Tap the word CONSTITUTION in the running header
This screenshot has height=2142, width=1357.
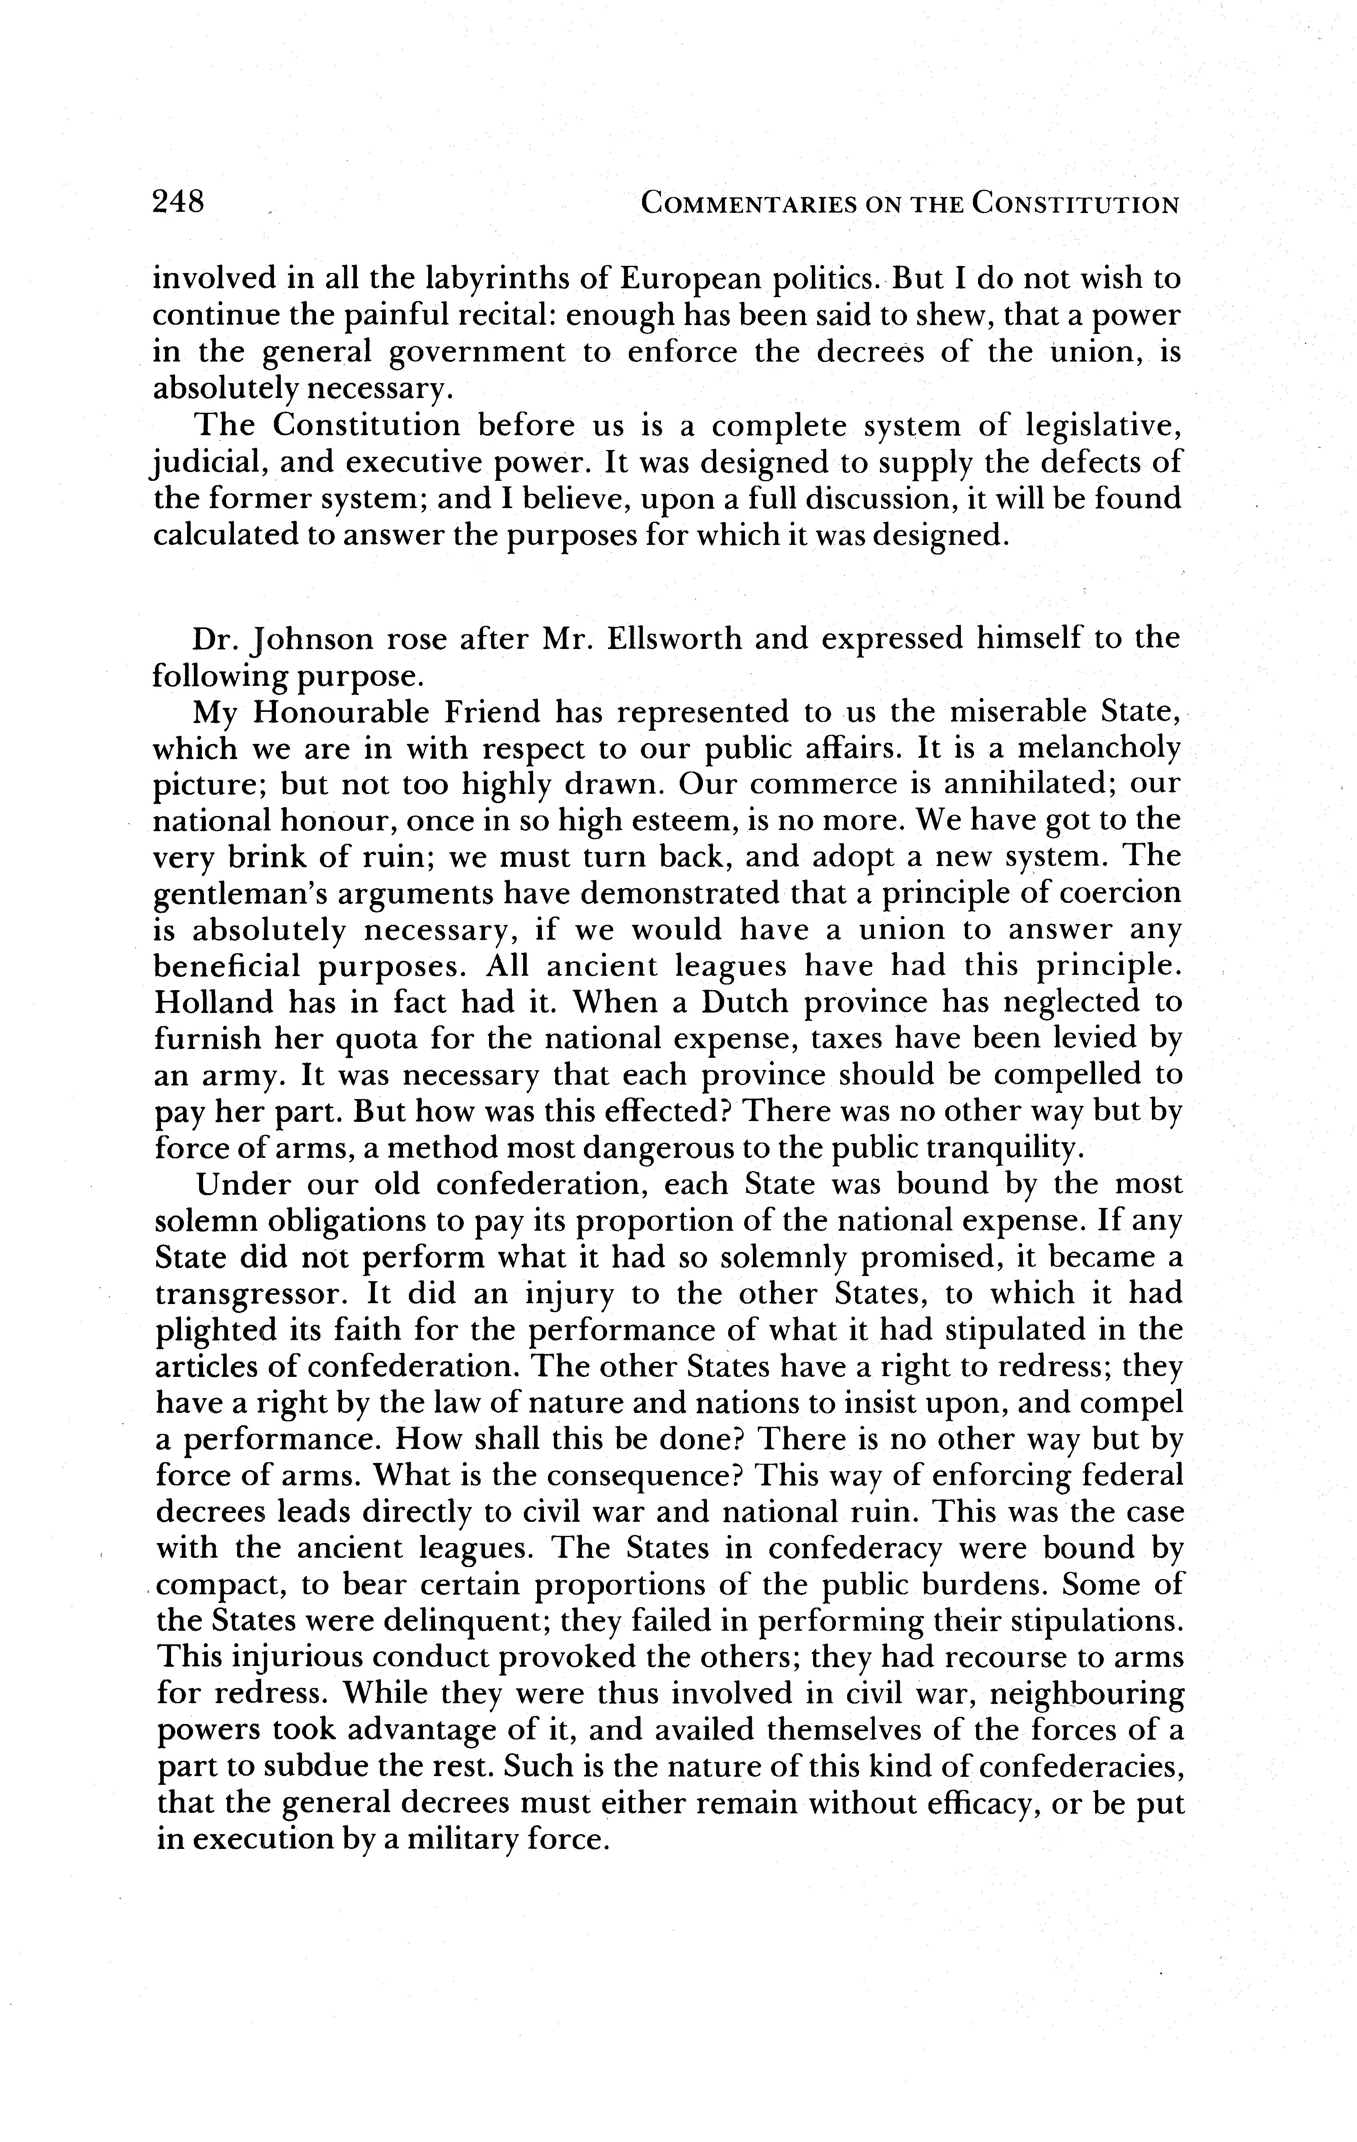point(1075,205)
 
